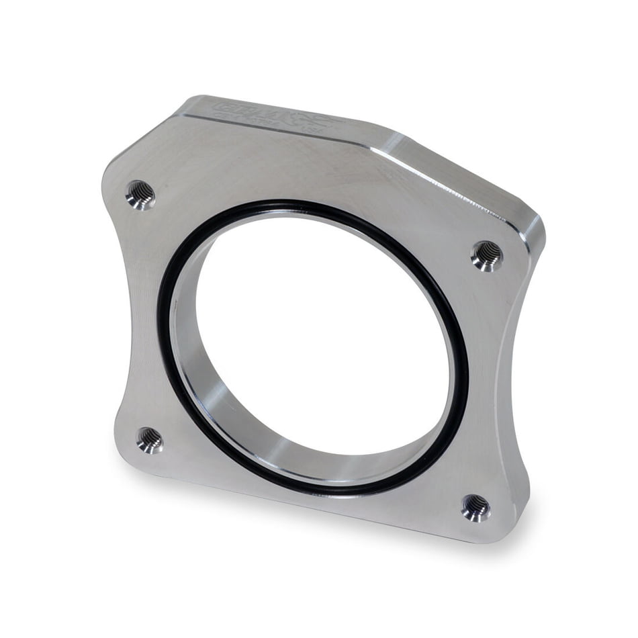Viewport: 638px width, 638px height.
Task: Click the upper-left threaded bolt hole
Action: (140, 195)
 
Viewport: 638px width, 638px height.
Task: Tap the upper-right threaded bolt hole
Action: (487, 255)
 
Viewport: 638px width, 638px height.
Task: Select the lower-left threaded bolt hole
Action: (149, 440)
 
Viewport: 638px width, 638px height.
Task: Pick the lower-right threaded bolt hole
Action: (475, 508)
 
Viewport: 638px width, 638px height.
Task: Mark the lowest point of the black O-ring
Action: (349, 492)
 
